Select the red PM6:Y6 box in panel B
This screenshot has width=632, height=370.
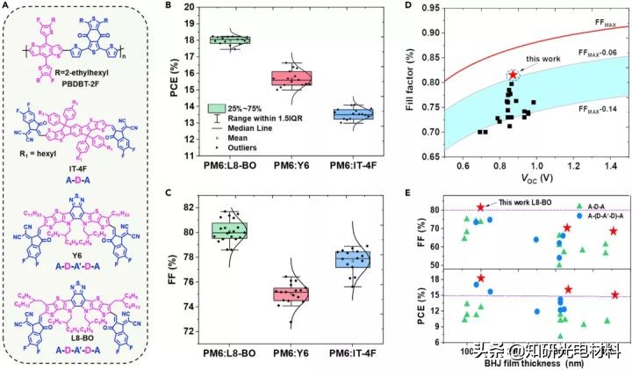291,78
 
